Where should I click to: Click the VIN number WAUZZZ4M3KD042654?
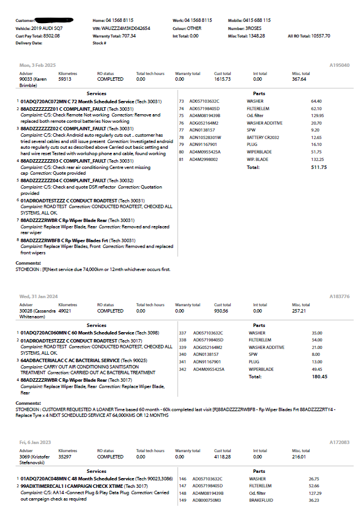(x=130, y=28)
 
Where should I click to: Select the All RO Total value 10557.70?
(x=320, y=35)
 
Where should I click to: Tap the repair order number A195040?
(x=340, y=65)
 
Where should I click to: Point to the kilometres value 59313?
(x=65, y=79)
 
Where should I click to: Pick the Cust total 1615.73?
(x=222, y=79)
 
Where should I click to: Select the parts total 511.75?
(x=318, y=167)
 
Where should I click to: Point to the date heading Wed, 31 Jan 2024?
(x=38, y=296)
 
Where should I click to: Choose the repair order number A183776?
(x=339, y=296)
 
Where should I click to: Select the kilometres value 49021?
(x=65, y=310)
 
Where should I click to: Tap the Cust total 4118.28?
(x=222, y=457)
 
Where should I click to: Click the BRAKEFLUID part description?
(x=261, y=500)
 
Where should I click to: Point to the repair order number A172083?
(x=339, y=442)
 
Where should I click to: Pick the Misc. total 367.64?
(x=299, y=79)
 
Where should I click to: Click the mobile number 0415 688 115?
(x=257, y=20)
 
